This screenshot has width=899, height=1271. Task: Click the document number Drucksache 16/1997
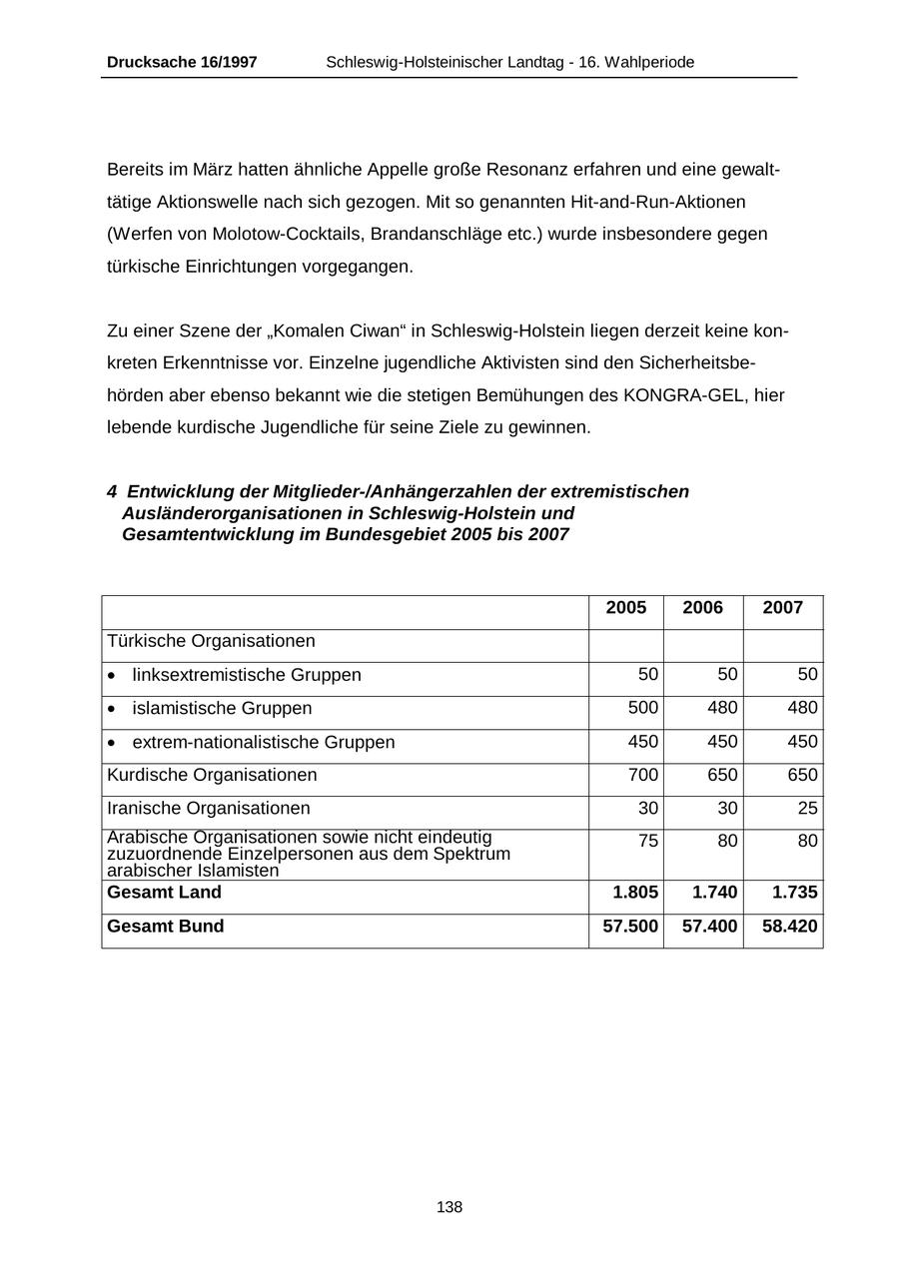pyautogui.click(x=182, y=62)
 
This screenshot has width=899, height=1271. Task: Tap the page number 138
pyautogui.click(x=449, y=1207)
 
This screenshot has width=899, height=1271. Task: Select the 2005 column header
pyautogui.click(x=626, y=608)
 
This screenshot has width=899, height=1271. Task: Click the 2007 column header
pyautogui.click(x=783, y=608)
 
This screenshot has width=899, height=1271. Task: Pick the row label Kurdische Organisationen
pyautogui.click(x=212, y=775)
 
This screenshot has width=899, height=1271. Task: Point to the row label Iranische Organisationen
pyautogui.click(x=209, y=808)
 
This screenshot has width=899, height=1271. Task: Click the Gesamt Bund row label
pyautogui.click(x=166, y=927)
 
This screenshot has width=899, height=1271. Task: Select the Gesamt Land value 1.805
pyautogui.click(x=635, y=893)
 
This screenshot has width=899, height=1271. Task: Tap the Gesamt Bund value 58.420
pyautogui.click(x=789, y=927)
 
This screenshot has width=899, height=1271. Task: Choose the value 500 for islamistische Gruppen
pyautogui.click(x=643, y=708)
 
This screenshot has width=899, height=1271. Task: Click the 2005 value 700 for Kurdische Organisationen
pyautogui.click(x=643, y=775)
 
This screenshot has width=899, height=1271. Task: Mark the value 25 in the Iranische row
pyautogui.click(x=807, y=808)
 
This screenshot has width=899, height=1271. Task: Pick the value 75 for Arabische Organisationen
pyautogui.click(x=648, y=842)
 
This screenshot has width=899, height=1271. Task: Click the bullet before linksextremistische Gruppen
pyautogui.click(x=112, y=676)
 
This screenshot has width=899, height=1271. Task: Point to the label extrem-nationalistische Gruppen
pyautogui.click(x=264, y=742)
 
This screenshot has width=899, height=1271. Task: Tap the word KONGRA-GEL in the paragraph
pyautogui.click(x=686, y=395)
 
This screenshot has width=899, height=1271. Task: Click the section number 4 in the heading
pyautogui.click(x=112, y=492)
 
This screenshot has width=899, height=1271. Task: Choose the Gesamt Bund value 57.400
pyautogui.click(x=709, y=927)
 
